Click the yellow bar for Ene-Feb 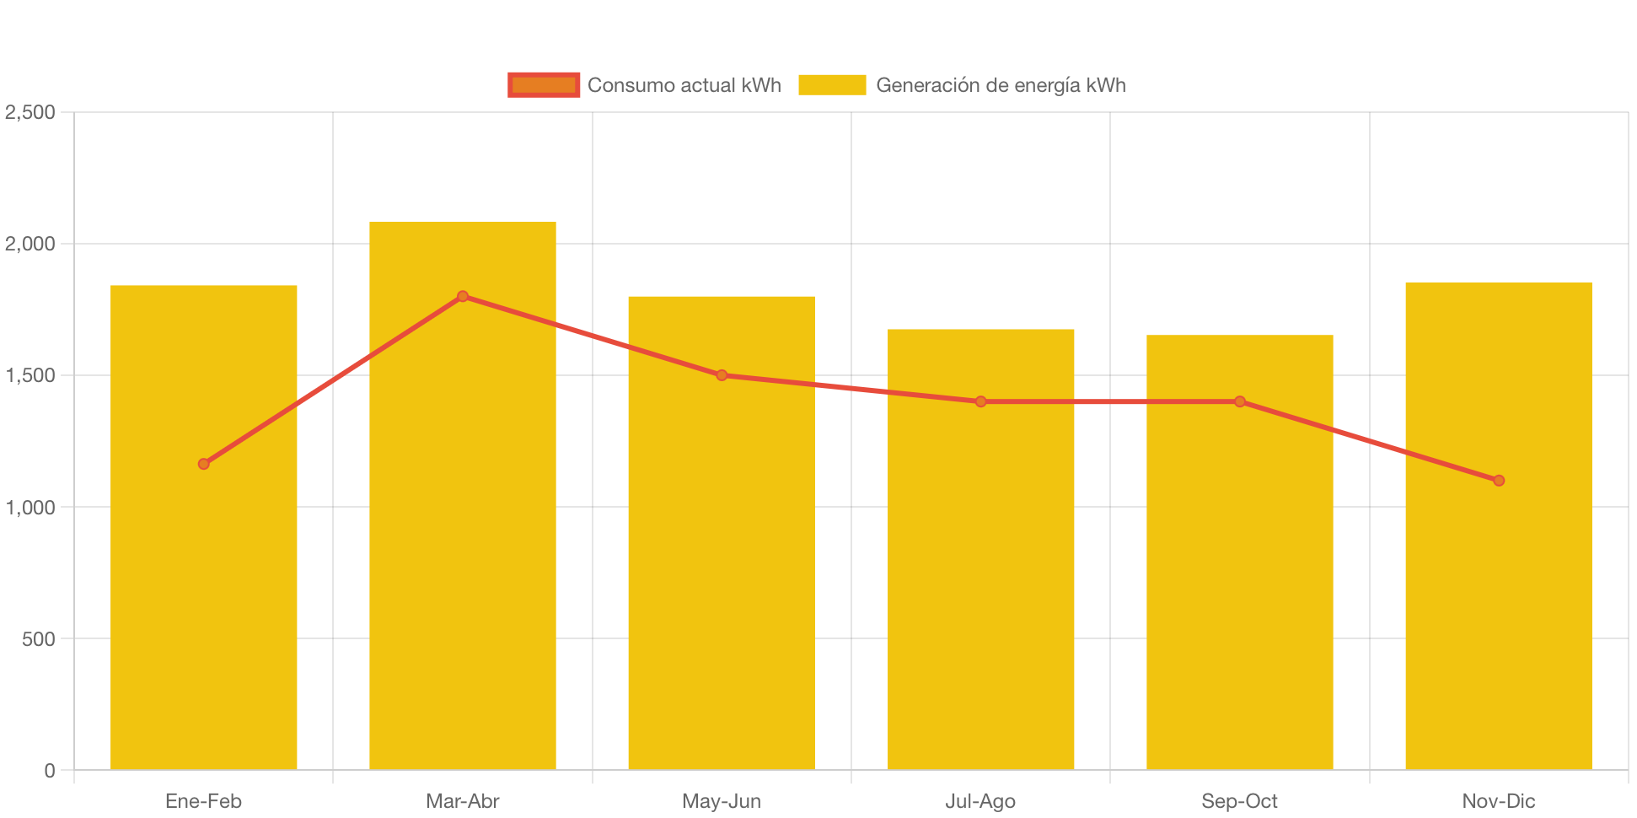[204, 590]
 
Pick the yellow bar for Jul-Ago [980, 590]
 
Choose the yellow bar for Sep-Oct [1239, 590]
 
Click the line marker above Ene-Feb [204, 464]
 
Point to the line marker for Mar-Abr [463, 296]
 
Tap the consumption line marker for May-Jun [722, 375]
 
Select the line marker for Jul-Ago [980, 401]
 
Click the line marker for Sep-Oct [1240, 401]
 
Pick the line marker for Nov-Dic [1499, 481]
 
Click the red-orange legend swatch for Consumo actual [544, 85]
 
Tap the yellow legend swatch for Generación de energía [832, 85]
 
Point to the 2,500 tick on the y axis [30, 112]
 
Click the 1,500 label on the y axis [30, 376]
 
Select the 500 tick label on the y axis [39, 639]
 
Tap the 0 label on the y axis [50, 771]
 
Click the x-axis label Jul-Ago [980, 801]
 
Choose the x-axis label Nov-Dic [1499, 801]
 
